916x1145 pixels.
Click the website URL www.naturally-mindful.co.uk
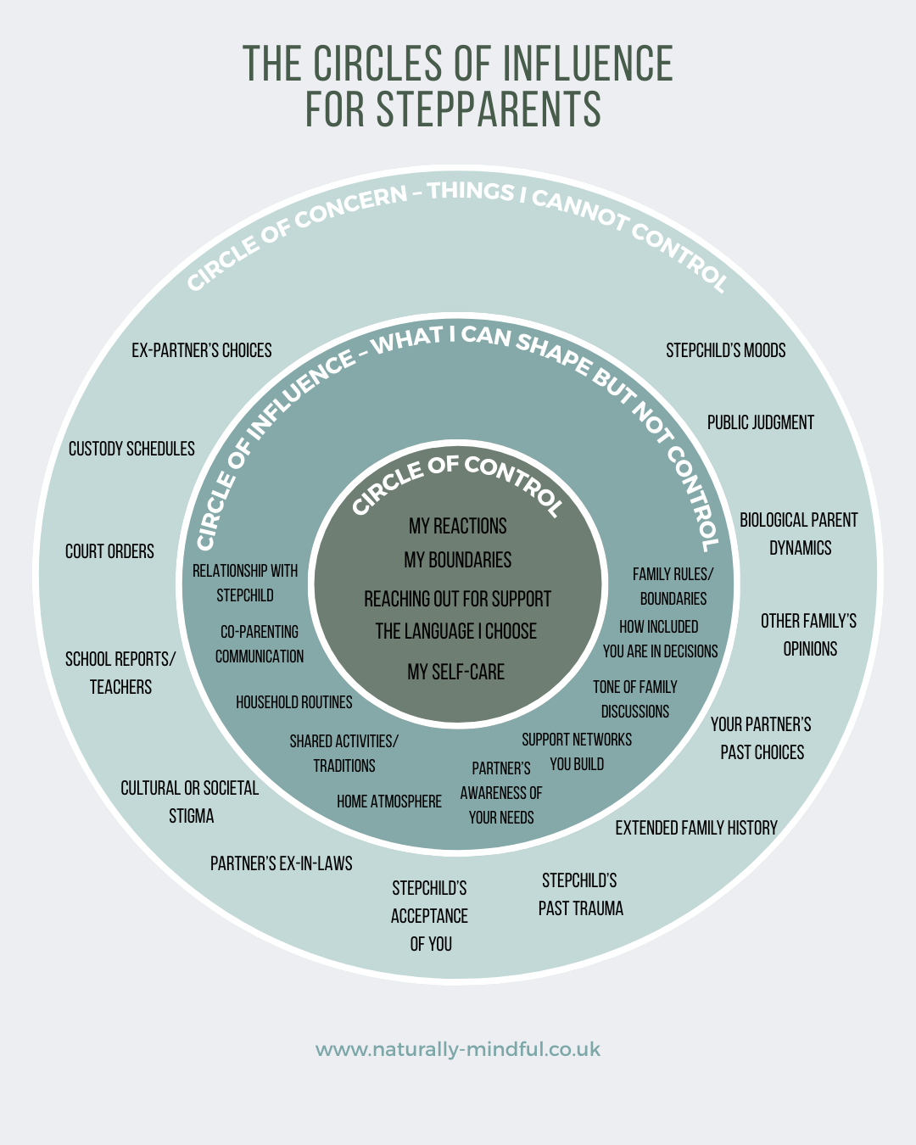pyautogui.click(x=458, y=1050)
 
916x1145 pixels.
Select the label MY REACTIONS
pyautogui.click(x=458, y=527)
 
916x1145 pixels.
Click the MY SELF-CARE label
pyautogui.click(x=456, y=673)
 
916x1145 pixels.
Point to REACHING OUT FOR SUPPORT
pyautogui.click(x=458, y=600)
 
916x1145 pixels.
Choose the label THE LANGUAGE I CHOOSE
pyautogui.click(x=456, y=632)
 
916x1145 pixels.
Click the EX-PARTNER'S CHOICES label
pyautogui.click(x=202, y=351)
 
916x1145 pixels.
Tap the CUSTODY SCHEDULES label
pyautogui.click(x=131, y=450)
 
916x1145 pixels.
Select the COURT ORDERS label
pyautogui.click(x=109, y=552)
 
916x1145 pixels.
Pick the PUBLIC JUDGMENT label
pyautogui.click(x=761, y=423)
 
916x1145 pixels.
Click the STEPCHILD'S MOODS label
pyautogui.click(x=726, y=351)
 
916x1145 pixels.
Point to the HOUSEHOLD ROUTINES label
pyautogui.click(x=294, y=702)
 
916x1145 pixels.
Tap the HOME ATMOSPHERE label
pyautogui.click(x=389, y=801)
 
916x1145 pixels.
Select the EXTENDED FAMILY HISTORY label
pyautogui.click(x=696, y=829)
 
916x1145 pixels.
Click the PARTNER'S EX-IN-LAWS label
pyautogui.click(x=282, y=864)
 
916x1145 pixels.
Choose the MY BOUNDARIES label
pyautogui.click(x=458, y=561)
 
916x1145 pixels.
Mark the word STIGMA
pyautogui.click(x=192, y=817)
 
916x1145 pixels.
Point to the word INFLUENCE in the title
pyautogui.click(x=588, y=64)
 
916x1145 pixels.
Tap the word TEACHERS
pyautogui.click(x=121, y=688)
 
